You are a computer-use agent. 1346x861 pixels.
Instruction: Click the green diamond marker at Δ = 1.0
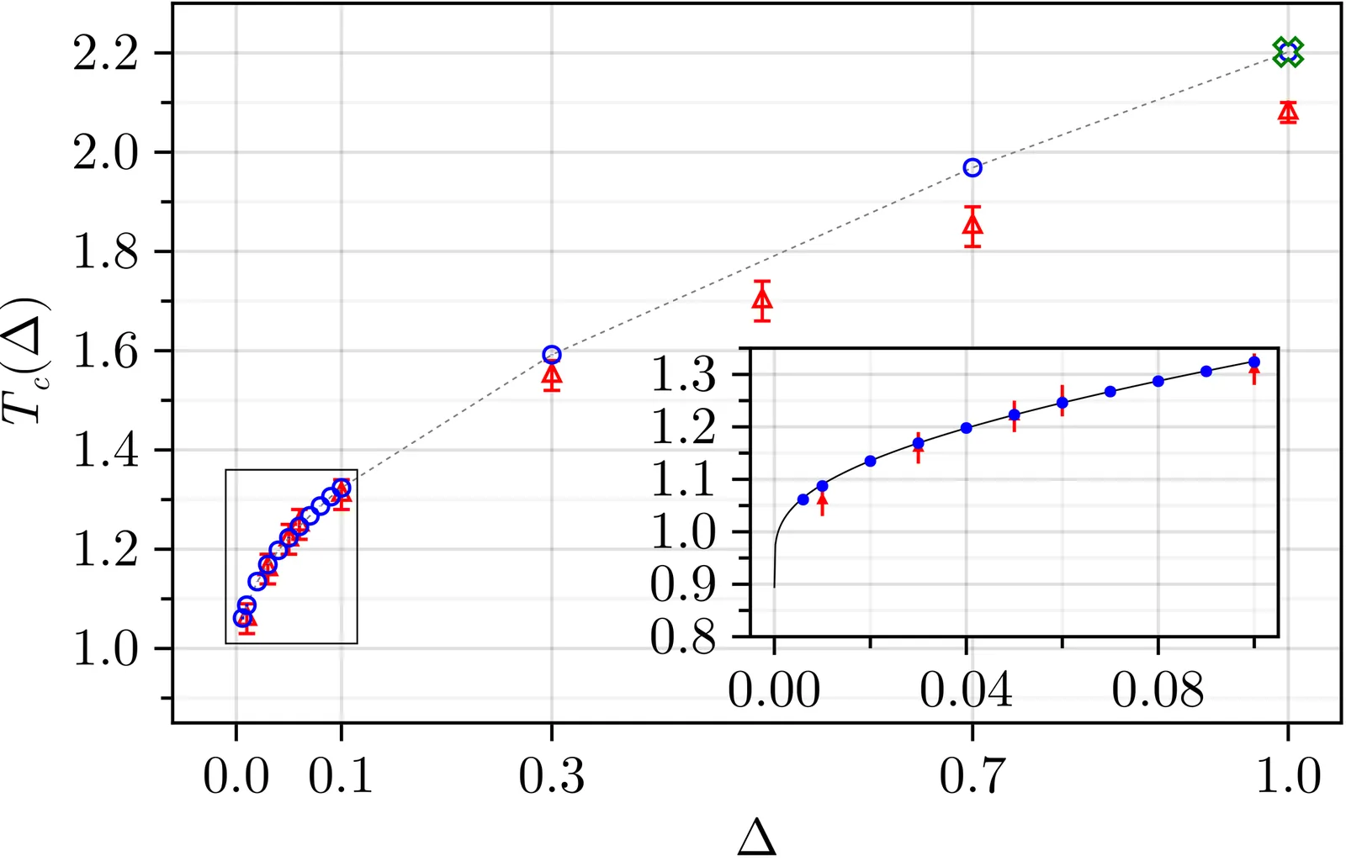coord(1287,52)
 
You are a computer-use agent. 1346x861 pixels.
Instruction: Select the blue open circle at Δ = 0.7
coord(972,167)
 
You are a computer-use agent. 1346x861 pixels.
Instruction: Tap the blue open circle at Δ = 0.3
coord(552,354)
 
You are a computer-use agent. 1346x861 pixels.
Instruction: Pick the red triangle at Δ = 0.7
coord(972,224)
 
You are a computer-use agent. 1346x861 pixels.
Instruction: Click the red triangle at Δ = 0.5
coord(762,299)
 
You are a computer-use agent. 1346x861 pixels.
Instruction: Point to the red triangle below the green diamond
coord(1287,112)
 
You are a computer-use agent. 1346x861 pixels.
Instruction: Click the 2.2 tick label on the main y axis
coord(106,54)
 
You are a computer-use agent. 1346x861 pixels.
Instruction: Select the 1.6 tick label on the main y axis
coord(106,351)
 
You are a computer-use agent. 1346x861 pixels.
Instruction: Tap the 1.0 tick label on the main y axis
coord(106,649)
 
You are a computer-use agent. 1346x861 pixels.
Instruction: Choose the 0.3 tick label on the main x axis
coord(551,775)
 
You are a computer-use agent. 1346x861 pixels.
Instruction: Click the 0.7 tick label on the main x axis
coord(972,775)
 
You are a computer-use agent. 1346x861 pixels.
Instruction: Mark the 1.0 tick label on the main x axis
coord(1288,775)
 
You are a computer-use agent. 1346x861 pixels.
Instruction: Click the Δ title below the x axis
coord(756,837)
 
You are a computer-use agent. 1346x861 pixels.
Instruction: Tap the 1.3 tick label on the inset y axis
coord(684,375)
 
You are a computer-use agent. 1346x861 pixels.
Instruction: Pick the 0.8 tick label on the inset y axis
coord(684,637)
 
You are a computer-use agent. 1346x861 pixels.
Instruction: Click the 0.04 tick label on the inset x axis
coord(966,690)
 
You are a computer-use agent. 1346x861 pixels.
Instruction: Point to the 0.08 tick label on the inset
coord(1158,690)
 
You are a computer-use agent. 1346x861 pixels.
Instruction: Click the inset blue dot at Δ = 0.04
coord(966,428)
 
